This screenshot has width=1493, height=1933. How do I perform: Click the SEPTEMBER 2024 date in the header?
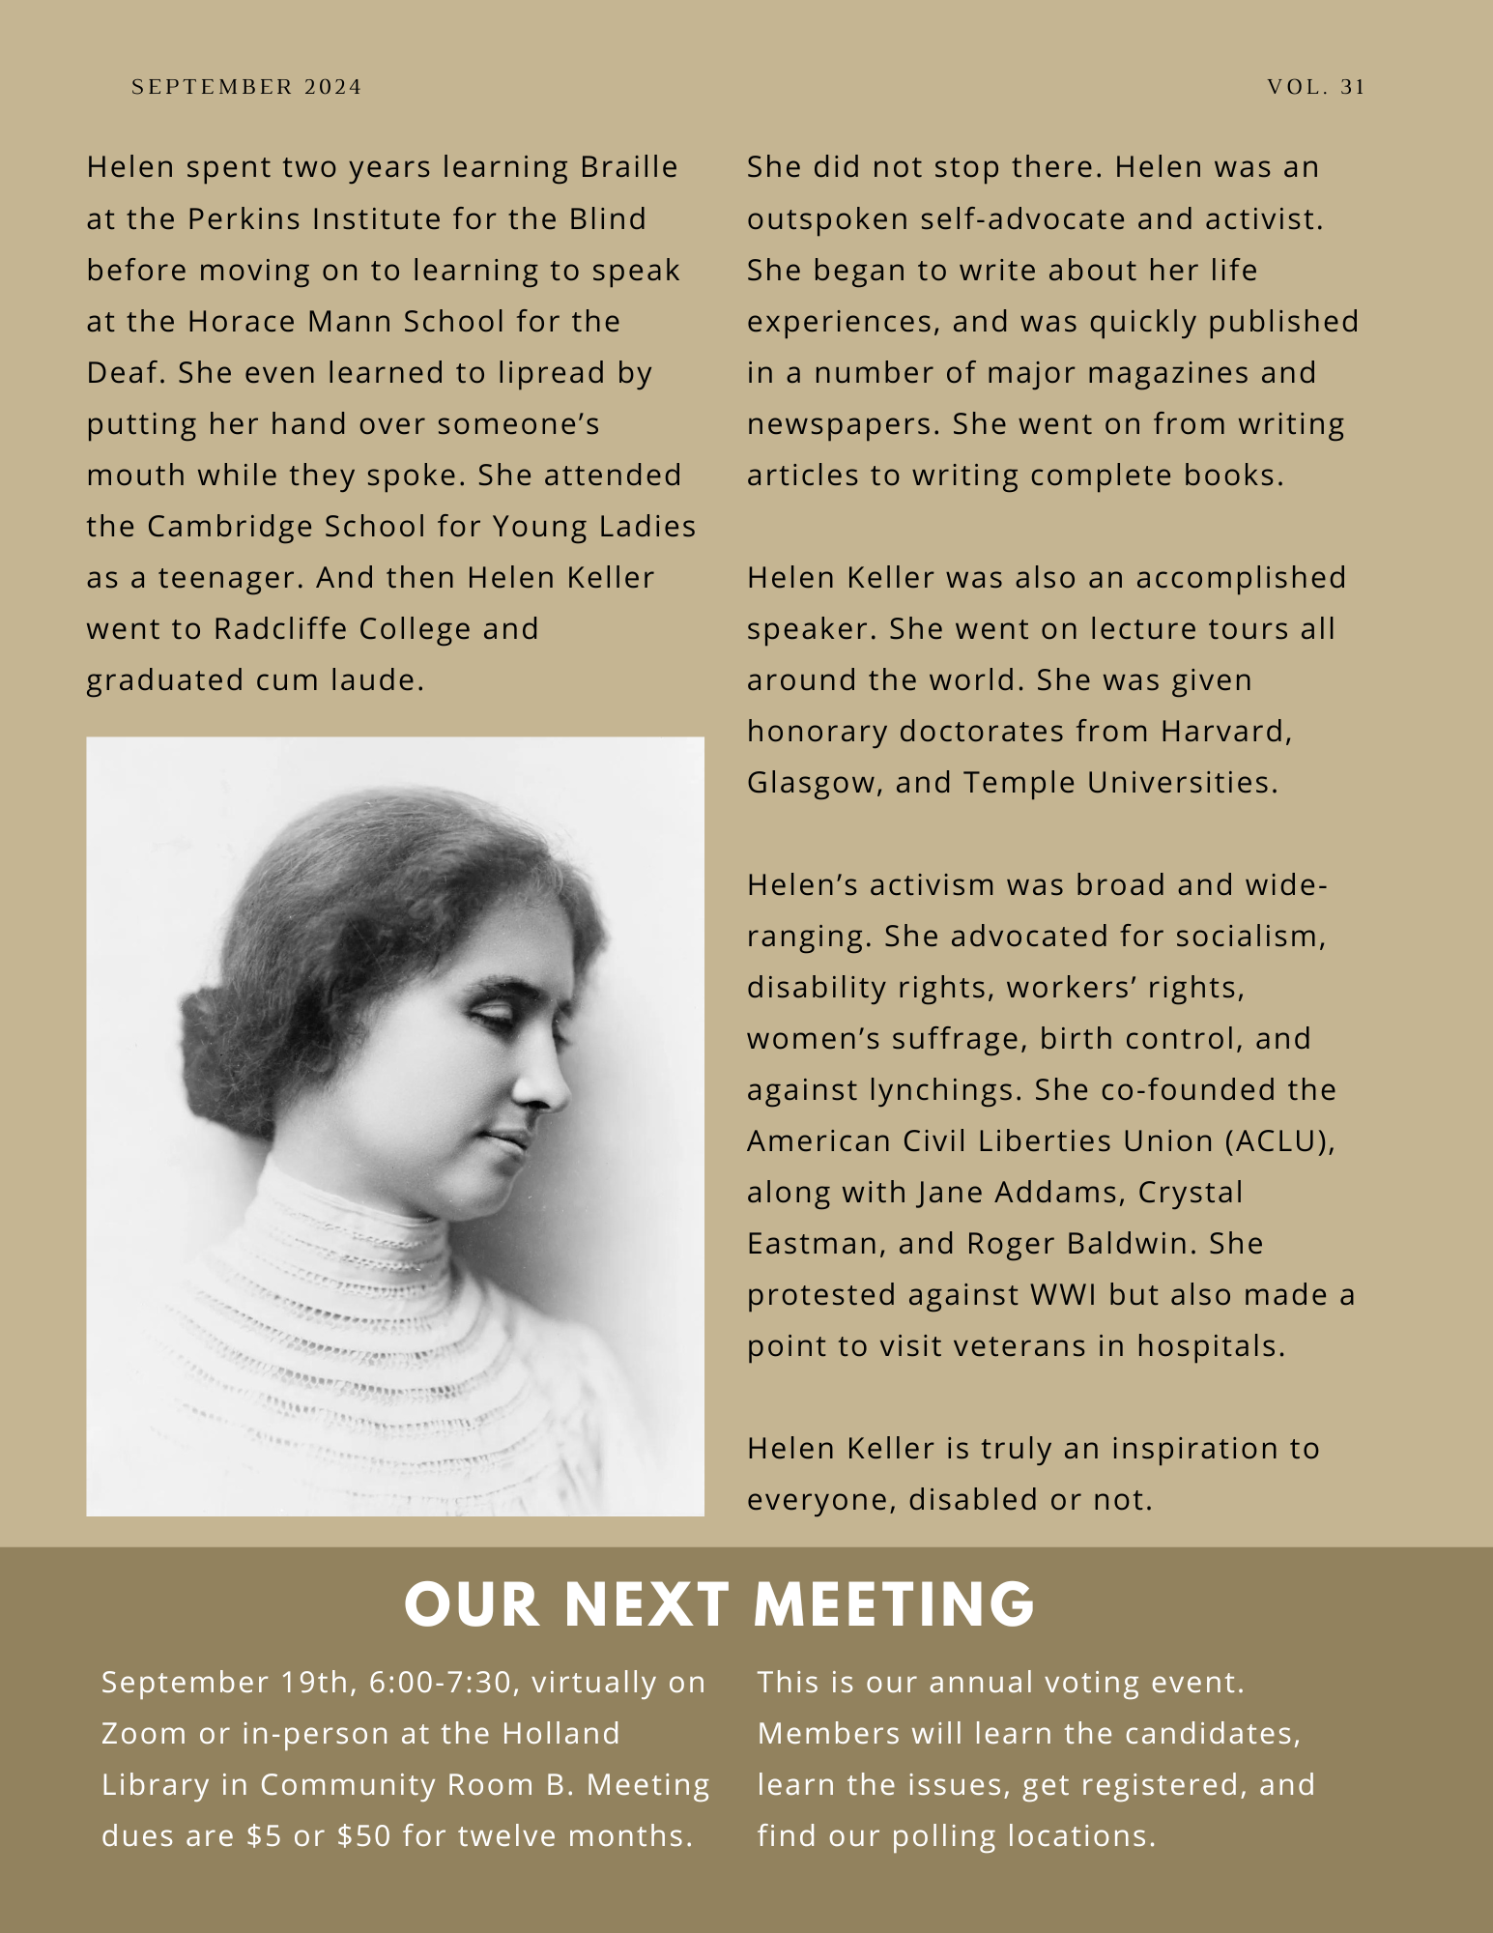click(x=246, y=87)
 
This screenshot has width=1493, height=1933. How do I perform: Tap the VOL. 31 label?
click(x=1316, y=87)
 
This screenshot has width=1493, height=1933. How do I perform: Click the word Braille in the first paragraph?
click(x=629, y=167)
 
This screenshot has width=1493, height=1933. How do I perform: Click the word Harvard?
click(x=1225, y=731)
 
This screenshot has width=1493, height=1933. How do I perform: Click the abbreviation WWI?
click(x=1063, y=1294)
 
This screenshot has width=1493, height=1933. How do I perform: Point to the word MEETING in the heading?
click(x=894, y=1604)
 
